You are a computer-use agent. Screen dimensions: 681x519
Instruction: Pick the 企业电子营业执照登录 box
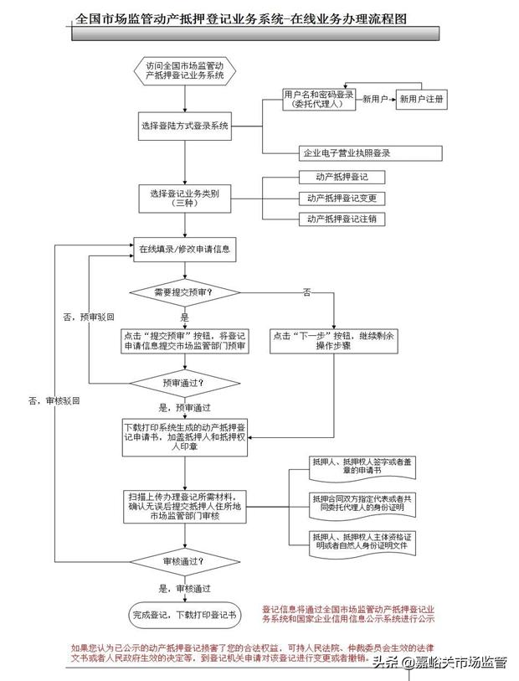pos(347,153)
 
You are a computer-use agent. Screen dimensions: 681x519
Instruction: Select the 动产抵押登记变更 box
pos(340,199)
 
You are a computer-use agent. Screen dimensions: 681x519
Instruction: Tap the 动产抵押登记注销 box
pos(340,219)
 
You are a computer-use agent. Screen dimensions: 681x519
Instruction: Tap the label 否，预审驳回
pos(87,317)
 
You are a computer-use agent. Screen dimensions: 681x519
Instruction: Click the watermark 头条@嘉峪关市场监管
pos(440,663)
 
